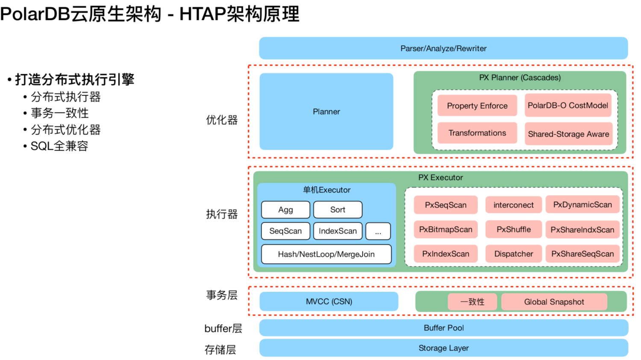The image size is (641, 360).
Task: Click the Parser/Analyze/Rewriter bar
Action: pos(443,48)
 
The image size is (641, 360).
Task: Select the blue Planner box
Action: pos(326,111)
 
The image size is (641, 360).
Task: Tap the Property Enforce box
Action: pos(477,105)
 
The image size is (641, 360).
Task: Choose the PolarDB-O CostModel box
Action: pos(567,105)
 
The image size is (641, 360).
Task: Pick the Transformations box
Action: pos(477,133)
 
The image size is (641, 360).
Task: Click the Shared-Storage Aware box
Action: pos(568,134)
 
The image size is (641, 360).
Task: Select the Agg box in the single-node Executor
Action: pos(285,210)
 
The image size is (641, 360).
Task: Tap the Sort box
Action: pos(338,210)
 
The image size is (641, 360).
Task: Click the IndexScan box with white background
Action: pos(338,231)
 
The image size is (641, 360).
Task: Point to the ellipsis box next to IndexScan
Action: pos(378,231)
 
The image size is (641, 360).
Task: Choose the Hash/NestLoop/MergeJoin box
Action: pos(326,254)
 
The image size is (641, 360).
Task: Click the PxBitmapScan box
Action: pos(445,229)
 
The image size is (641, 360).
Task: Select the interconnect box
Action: pos(513,205)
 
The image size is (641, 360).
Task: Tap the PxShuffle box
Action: pos(513,229)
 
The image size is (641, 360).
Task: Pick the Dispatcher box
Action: pos(513,254)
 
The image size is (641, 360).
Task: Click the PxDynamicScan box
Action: pos(582,205)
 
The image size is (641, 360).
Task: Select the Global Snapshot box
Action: pos(554,302)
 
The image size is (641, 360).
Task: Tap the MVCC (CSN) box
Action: pos(329,301)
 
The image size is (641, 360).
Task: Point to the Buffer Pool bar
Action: pos(443,328)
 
